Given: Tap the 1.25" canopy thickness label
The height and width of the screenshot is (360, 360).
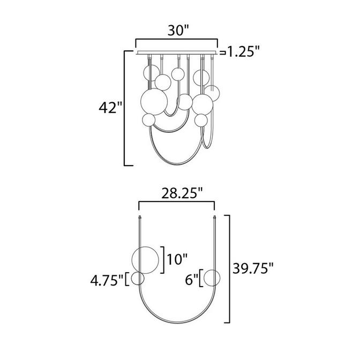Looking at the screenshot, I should (x=242, y=52).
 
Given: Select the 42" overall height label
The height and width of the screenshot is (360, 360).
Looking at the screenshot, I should (x=108, y=107).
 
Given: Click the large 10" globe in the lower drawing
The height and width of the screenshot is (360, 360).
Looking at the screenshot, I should (x=146, y=260).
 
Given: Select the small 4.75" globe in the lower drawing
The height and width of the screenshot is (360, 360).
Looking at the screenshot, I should (x=138, y=279).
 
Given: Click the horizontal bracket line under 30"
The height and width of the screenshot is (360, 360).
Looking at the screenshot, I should (x=176, y=40).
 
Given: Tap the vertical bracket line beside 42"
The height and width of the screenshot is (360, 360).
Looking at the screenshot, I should (x=125, y=107).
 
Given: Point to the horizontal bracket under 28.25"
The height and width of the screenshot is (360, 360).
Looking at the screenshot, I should (x=176, y=202).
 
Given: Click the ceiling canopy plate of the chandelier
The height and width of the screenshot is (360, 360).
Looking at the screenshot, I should (x=177, y=52).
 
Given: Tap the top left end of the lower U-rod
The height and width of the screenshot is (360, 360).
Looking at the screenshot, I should (x=140, y=217).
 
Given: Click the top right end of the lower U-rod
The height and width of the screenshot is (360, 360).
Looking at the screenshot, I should (x=215, y=217).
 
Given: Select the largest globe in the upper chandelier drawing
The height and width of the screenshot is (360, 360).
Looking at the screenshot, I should (x=152, y=101).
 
